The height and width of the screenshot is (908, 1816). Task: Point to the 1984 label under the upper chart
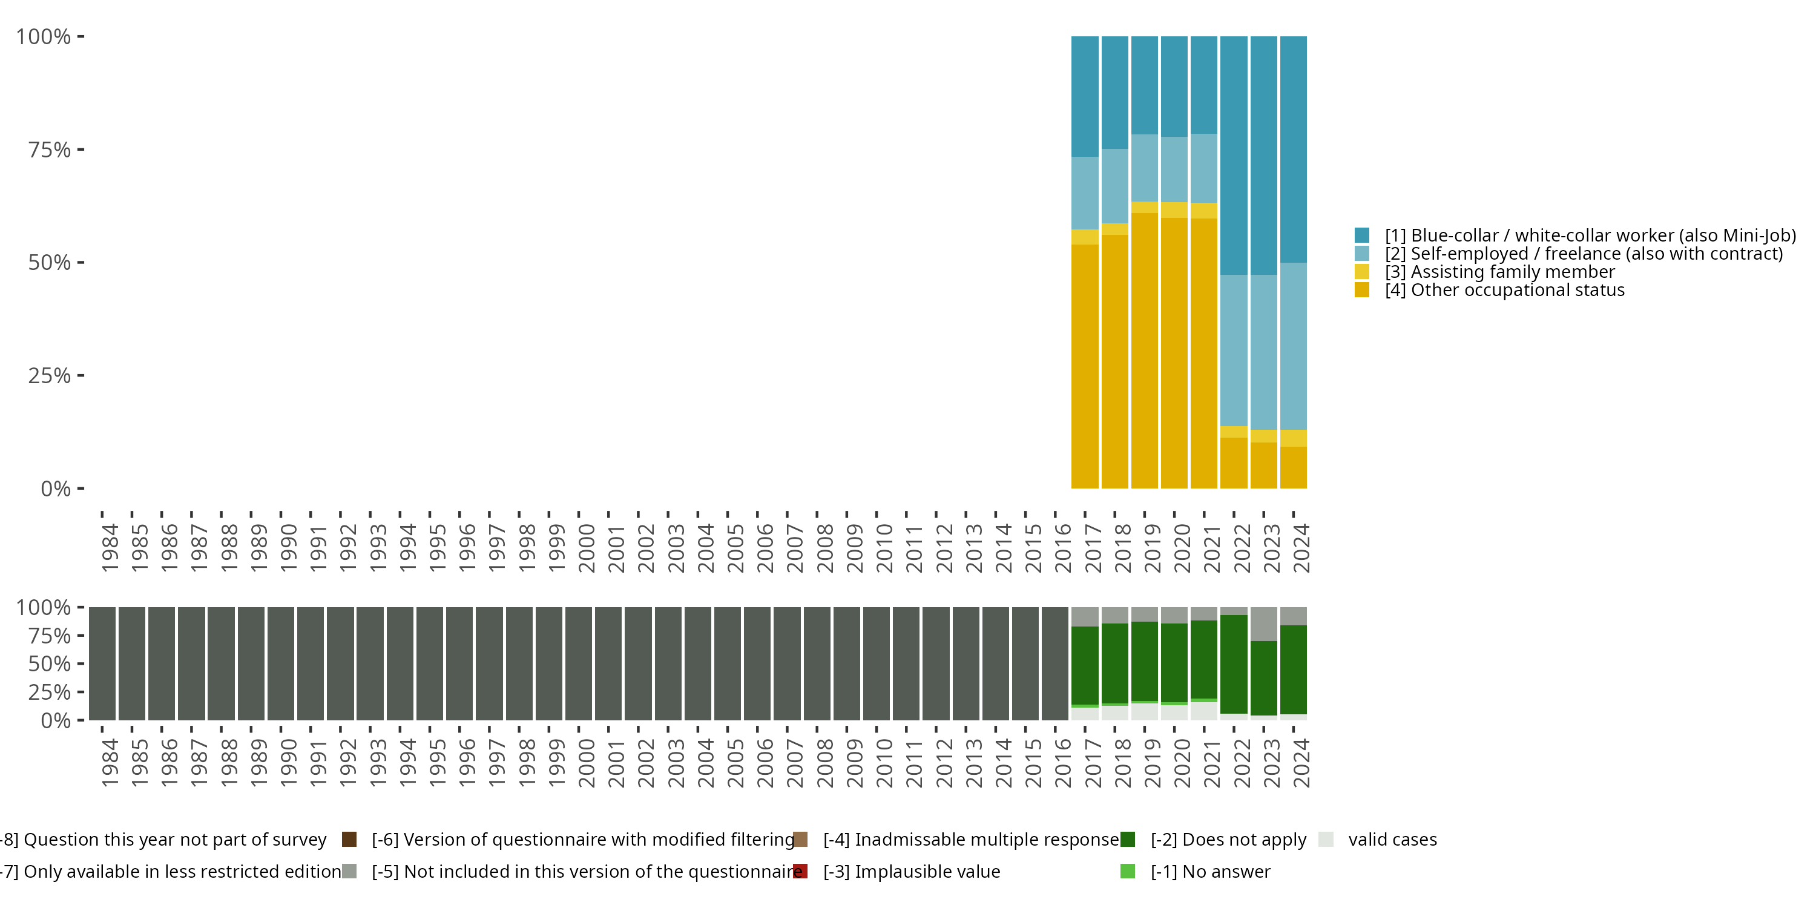tap(110, 547)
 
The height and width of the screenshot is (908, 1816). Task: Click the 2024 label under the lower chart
tap(1301, 763)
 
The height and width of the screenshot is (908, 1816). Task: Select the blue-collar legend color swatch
tap(1361, 235)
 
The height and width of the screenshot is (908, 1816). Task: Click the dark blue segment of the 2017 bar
tap(1084, 97)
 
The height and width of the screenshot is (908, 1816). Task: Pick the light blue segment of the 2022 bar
tap(1233, 350)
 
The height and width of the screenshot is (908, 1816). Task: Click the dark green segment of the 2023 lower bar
tap(1263, 677)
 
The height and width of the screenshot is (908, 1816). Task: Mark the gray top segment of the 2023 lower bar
tap(1263, 624)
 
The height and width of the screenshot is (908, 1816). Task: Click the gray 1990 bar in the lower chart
tap(281, 663)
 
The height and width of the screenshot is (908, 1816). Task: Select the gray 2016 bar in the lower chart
tap(1054, 663)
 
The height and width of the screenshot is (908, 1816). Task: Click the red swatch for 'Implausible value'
tap(800, 871)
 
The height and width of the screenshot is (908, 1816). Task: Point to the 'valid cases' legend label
tap(1392, 840)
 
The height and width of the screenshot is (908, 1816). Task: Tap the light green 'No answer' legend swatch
tap(1127, 871)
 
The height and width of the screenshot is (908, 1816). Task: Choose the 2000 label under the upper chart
tap(586, 547)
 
